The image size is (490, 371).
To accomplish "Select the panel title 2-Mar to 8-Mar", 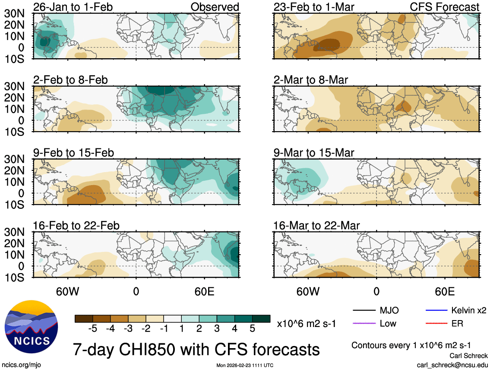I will pyautogui.click(x=310, y=80).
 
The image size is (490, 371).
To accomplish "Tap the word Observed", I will pyautogui.click(x=215, y=7).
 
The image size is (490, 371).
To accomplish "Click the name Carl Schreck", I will pyautogui.click(x=468, y=356).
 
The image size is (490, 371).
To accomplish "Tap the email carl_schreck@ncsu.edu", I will pyautogui.click(x=452, y=365).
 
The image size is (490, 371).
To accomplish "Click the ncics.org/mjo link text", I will pyautogui.click(x=21, y=365).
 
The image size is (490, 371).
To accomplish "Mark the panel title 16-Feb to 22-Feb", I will pyautogui.click(x=76, y=226).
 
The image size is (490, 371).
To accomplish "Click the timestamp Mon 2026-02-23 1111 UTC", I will pyautogui.click(x=245, y=365).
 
